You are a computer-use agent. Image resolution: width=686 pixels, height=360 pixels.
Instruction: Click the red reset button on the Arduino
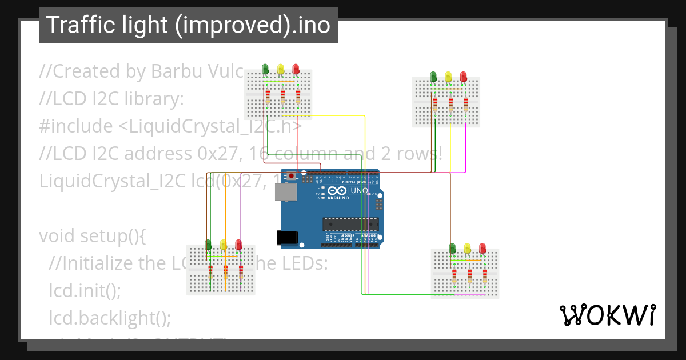[x=292, y=176]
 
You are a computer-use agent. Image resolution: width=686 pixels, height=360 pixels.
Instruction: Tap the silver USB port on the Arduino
[x=286, y=194]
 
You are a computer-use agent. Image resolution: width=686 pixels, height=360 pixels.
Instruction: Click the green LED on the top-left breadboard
[x=265, y=69]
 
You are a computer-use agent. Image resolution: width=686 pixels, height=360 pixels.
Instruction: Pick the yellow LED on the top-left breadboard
[x=280, y=69]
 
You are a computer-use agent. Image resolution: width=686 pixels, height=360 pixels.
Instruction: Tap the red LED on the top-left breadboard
[x=296, y=69]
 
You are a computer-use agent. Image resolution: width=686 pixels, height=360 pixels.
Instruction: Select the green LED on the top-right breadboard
[x=433, y=76]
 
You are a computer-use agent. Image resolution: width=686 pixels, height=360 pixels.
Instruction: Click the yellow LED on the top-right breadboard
[x=448, y=76]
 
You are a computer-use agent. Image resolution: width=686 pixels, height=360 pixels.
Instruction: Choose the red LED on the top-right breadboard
[x=463, y=76]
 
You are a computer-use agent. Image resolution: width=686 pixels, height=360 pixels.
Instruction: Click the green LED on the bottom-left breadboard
[x=208, y=245]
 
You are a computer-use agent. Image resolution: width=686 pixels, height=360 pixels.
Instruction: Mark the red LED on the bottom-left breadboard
[x=238, y=245]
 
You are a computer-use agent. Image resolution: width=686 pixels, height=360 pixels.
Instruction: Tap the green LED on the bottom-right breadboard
[x=453, y=247]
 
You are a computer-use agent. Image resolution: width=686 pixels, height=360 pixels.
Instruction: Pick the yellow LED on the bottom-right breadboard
[x=468, y=247]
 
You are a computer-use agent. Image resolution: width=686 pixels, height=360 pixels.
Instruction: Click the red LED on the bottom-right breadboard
[x=482, y=247]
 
